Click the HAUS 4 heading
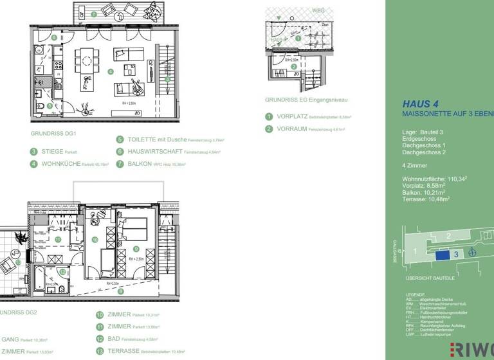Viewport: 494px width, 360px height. pyautogui.click(x=421, y=103)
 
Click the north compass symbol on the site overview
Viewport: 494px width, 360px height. pyautogui.click(x=473, y=252)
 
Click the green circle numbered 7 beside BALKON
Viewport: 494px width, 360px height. pyautogui.click(x=120, y=164)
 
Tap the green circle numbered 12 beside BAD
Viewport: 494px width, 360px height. pyautogui.click(x=100, y=339)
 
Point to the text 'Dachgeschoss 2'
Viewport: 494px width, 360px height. pyautogui.click(x=423, y=153)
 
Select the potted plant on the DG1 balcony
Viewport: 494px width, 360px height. pyautogui.click(x=151, y=12)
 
